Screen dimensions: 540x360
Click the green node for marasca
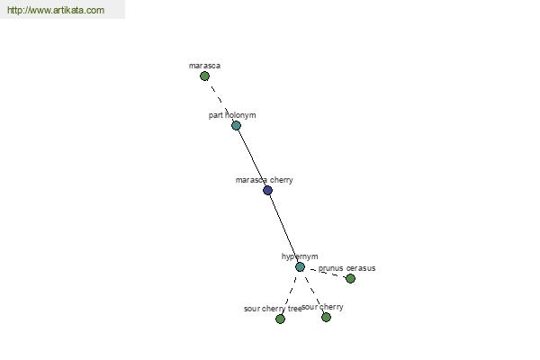(204, 76)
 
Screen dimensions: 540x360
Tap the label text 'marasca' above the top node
(204, 66)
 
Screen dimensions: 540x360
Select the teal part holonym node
(236, 125)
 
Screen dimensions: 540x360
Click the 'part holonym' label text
(232, 115)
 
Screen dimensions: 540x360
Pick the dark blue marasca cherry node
(267, 190)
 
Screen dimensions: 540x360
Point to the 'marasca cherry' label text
(264, 180)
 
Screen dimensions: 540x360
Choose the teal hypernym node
(300, 267)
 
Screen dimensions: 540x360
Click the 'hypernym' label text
(300, 256)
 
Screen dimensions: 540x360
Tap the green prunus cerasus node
(350, 278)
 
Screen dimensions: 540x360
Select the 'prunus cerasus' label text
(346, 268)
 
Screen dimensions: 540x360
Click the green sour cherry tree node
(280, 319)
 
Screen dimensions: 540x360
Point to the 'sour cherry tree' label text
(273, 309)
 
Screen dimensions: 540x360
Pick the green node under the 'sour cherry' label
(326, 318)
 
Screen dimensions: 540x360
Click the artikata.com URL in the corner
(56, 10)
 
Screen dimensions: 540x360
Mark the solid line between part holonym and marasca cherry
(252, 157)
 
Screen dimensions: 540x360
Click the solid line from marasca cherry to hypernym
(283, 229)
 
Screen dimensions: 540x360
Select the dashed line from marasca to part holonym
(220, 101)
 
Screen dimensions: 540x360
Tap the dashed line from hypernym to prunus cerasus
(325, 273)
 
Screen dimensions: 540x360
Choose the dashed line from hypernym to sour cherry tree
(290, 292)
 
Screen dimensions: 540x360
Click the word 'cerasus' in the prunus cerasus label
(361, 268)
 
